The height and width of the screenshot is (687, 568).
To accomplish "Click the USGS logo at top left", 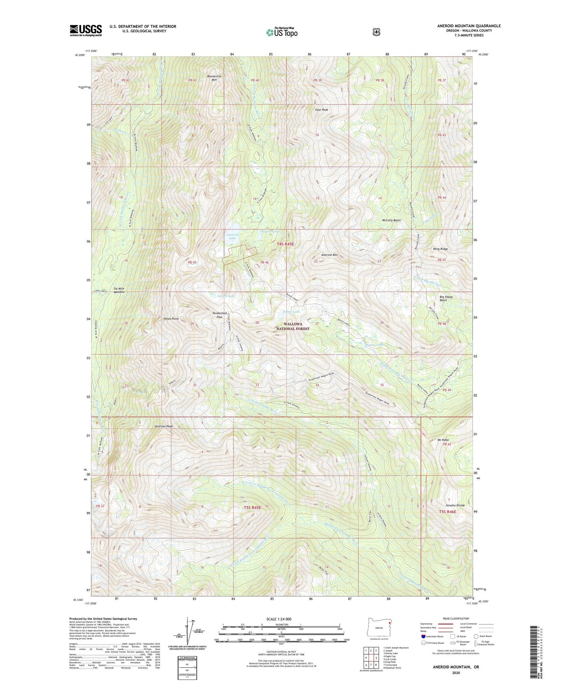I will click(86, 30).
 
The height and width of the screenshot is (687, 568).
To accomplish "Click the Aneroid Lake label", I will click(232, 236).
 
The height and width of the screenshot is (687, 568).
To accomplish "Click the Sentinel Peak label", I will click(164, 426).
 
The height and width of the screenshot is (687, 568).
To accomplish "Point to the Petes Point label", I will click(171, 319).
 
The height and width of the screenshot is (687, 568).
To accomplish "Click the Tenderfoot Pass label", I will click(217, 315).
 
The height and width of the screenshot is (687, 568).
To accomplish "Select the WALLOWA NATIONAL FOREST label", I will click(292, 327).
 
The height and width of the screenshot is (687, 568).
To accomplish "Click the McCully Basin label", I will click(391, 220).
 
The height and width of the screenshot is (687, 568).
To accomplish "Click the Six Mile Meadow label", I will click(117, 290).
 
